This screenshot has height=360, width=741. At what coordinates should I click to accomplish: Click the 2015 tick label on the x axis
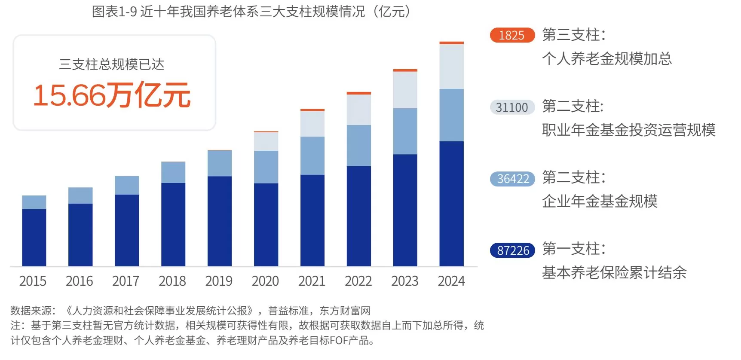point(33,281)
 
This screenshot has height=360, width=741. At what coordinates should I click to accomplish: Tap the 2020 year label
point(265,281)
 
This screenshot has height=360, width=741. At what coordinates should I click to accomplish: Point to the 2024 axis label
point(451,281)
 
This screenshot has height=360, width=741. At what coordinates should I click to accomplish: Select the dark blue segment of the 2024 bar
point(451,204)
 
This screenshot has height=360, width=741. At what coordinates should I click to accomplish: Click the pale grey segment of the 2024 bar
point(451,67)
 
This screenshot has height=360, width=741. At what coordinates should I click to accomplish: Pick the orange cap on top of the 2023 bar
point(405,70)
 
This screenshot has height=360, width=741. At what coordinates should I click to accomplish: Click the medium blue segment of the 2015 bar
point(34,202)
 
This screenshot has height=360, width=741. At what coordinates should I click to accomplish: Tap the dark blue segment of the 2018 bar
point(173,224)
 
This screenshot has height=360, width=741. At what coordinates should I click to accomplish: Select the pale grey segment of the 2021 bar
point(312,124)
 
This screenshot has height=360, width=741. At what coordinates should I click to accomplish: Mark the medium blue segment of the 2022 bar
point(359,146)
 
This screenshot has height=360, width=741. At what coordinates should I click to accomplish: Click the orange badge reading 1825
point(512,35)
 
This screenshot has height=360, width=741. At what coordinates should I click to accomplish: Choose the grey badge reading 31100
point(512,107)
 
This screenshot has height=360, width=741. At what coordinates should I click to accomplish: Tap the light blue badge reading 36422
point(512,179)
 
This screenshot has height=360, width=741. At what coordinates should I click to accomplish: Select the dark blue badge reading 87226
point(512,250)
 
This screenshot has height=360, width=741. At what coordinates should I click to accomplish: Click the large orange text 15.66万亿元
point(112,95)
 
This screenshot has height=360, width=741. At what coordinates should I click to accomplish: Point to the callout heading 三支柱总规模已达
point(112,64)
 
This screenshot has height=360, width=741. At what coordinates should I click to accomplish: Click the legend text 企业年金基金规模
point(600,201)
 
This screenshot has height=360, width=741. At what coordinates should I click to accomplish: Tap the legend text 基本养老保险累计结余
point(614,272)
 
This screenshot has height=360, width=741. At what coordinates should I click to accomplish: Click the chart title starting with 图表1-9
point(251,11)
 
